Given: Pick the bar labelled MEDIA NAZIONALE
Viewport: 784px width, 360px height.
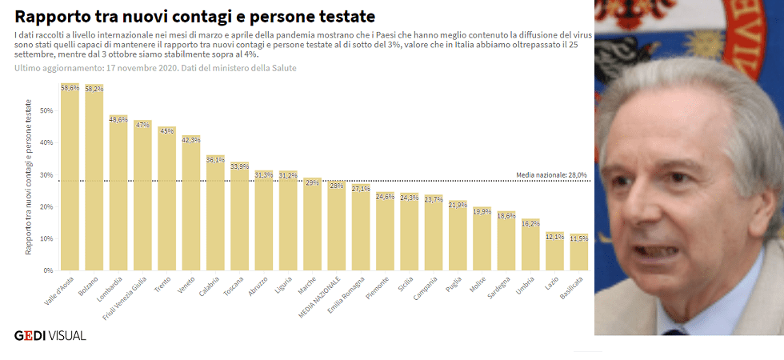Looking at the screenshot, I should pos(337,227).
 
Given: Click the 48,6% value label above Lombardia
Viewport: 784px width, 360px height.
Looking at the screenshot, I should pos(118,118).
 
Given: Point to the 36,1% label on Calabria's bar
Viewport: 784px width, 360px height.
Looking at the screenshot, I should pos(215,159).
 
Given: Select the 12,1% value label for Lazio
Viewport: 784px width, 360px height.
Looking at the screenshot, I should pos(554,237).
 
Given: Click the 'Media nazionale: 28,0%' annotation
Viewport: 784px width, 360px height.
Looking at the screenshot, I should pos(551,174).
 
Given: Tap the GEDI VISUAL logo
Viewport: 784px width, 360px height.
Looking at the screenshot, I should pos(50,335).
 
